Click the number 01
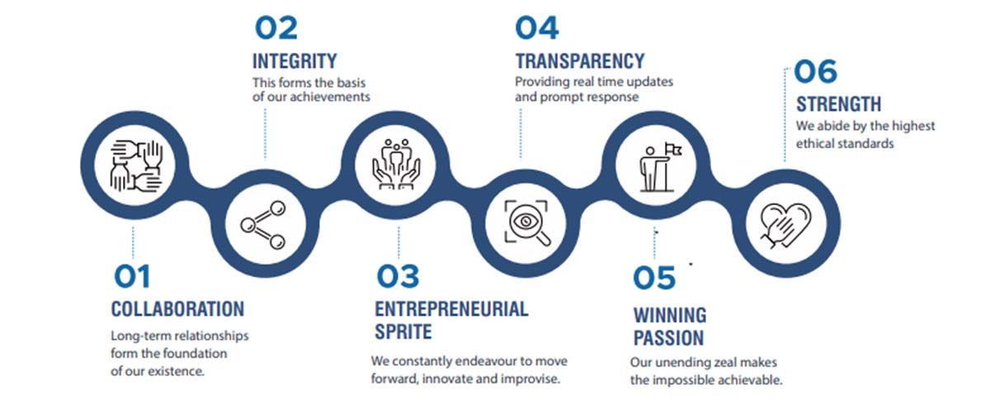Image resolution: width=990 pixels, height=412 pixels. [x=132, y=276]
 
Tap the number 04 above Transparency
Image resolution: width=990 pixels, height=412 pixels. [x=537, y=27]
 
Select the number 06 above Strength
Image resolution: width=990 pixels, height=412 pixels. [x=815, y=71]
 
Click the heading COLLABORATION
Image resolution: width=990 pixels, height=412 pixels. [x=177, y=309]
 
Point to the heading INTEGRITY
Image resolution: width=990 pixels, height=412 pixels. [x=295, y=61]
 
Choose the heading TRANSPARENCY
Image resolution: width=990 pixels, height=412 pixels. [x=580, y=61]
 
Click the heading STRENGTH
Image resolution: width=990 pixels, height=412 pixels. [x=838, y=104]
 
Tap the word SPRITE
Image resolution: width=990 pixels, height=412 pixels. [x=403, y=331]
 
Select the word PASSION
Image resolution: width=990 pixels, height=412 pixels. [x=669, y=338]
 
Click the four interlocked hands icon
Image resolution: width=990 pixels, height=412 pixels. [x=136, y=166]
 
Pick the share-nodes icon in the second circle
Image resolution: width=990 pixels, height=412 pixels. [x=263, y=225]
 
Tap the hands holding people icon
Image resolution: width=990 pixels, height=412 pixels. [x=396, y=164]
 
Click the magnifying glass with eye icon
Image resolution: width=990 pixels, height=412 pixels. [x=526, y=222]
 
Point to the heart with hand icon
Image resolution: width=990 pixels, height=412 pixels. [x=785, y=225]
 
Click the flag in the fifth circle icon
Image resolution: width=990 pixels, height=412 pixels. [x=673, y=149]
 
